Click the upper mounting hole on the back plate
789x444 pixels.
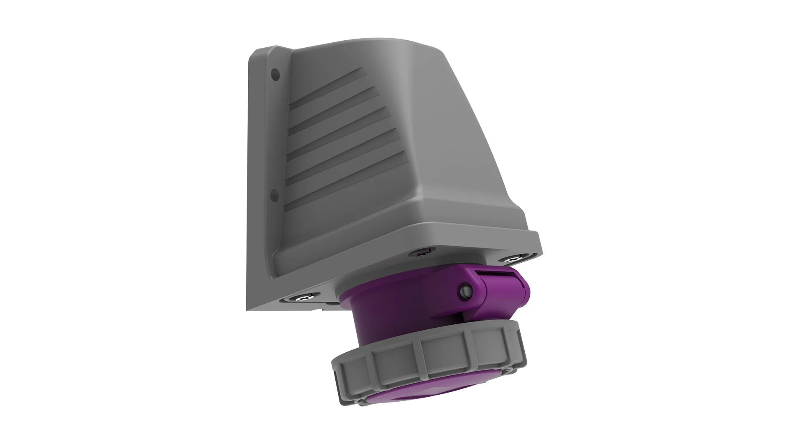point(275,75)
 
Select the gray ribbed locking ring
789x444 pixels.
point(427,358)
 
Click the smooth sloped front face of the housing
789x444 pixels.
point(452,144)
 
